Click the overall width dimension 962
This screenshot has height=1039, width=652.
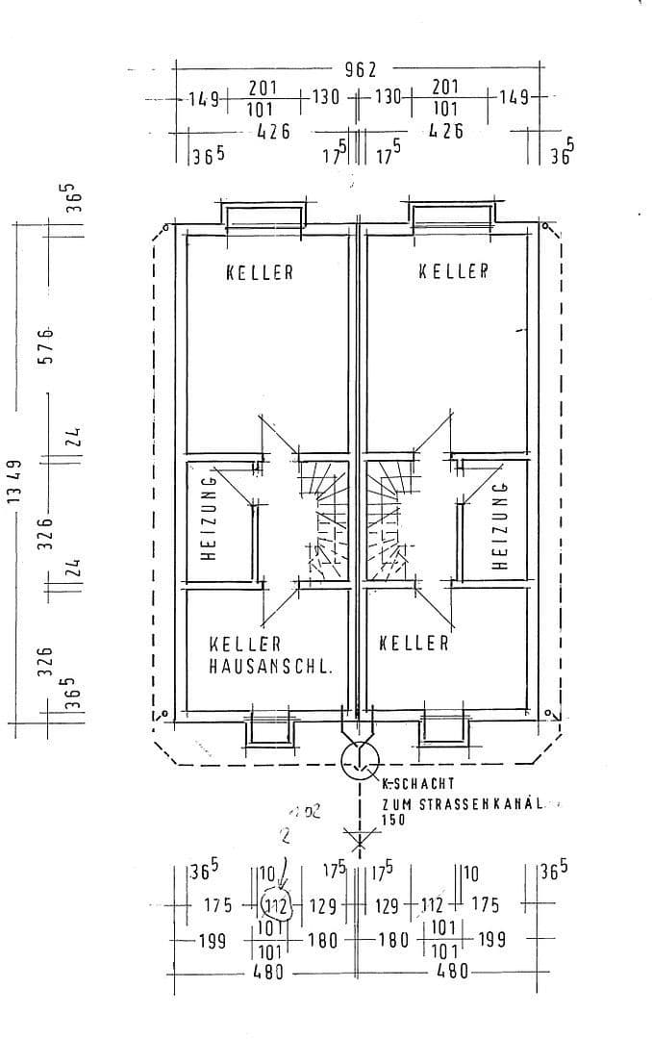click(361, 69)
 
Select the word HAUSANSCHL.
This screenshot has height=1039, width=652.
click(271, 665)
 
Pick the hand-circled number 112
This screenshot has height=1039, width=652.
click(276, 905)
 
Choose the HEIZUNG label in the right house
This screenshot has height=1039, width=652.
click(498, 527)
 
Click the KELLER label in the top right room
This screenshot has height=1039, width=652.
click(454, 272)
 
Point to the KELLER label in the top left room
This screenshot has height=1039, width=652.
click(260, 272)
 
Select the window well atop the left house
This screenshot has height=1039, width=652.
click(264, 214)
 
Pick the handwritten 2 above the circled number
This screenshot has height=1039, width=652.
click(285, 836)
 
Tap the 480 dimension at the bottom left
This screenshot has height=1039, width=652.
click(267, 972)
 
